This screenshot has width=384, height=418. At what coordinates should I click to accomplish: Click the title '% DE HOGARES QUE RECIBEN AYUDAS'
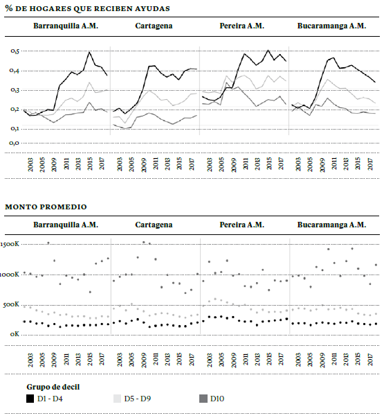pyautogui.click(x=87, y=8)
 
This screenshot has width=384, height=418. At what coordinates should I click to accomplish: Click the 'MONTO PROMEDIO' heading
pyautogui.click(x=46, y=207)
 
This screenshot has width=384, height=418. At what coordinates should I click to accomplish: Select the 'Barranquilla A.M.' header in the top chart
pyautogui.click(x=66, y=26)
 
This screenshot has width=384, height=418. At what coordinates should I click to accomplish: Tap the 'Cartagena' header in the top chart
pyautogui.click(x=154, y=26)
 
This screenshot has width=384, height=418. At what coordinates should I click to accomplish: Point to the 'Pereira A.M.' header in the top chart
pyautogui.click(x=241, y=26)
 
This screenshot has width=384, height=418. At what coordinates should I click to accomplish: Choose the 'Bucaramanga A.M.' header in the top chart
pyautogui.click(x=331, y=26)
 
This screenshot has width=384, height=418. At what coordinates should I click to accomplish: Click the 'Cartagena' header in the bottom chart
pyautogui.click(x=154, y=225)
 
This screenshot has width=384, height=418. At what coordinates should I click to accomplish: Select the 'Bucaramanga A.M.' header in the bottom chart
pyautogui.click(x=331, y=225)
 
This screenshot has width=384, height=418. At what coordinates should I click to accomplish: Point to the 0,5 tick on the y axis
pyautogui.click(x=15, y=51)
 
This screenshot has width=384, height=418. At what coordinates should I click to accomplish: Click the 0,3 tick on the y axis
pyautogui.click(x=15, y=90)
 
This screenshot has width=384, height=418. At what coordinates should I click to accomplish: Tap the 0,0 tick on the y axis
pyautogui.click(x=15, y=143)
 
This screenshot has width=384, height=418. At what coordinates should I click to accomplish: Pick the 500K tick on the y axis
pyautogui.click(x=12, y=304)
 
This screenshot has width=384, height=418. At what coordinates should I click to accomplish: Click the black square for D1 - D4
pyautogui.click(x=30, y=399)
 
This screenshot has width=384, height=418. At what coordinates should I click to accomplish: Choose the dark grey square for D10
pyautogui.click(x=203, y=399)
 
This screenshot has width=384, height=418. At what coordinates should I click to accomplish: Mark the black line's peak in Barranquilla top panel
pyautogui.click(x=89, y=52)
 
